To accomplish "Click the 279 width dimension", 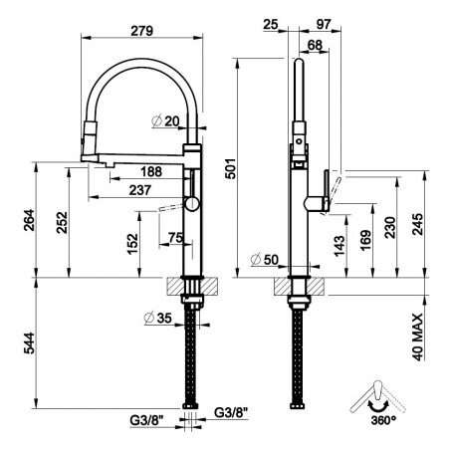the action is tap(141, 31).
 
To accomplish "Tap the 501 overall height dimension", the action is tap(231, 168).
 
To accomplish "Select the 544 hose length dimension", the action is tap(29, 342).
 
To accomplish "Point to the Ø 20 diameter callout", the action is tap(165, 121).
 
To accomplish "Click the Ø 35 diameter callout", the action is tap(158, 318).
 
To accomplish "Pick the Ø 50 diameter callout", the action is tap(265, 260).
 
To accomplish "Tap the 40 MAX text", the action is tap(418, 337).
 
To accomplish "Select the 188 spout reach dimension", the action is tap(151, 171).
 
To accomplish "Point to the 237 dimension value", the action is tap(140, 190).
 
